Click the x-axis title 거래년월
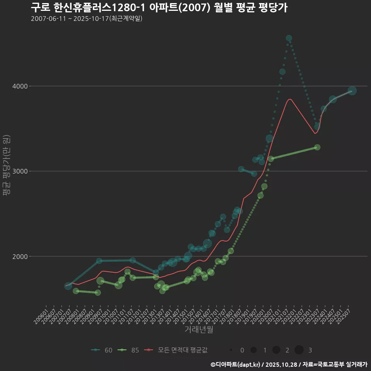199,329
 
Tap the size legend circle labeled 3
299,350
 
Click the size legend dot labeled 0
231,350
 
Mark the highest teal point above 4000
289,38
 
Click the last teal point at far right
352,91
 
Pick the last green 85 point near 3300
317,147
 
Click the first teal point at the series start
68,286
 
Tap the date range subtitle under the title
87,19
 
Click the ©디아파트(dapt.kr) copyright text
236,364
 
